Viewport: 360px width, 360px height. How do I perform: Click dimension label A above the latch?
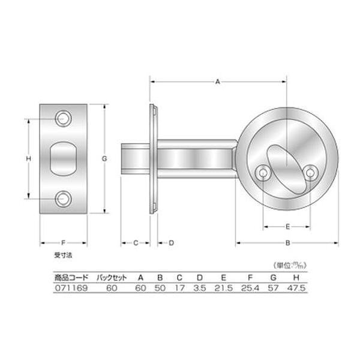(218, 82)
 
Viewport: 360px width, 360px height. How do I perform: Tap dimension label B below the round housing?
(287, 243)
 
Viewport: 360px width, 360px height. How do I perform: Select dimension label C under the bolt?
(136, 243)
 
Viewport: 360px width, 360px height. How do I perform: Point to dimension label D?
(171, 243)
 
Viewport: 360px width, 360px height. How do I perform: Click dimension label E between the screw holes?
(287, 227)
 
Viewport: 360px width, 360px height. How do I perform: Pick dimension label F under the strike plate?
(64, 242)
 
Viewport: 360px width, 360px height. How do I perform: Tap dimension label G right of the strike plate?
(104, 158)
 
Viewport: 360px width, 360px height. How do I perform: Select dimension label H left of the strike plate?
(28, 158)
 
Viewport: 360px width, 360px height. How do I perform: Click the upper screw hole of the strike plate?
(63, 119)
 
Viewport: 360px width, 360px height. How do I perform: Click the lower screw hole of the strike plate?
(63, 199)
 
